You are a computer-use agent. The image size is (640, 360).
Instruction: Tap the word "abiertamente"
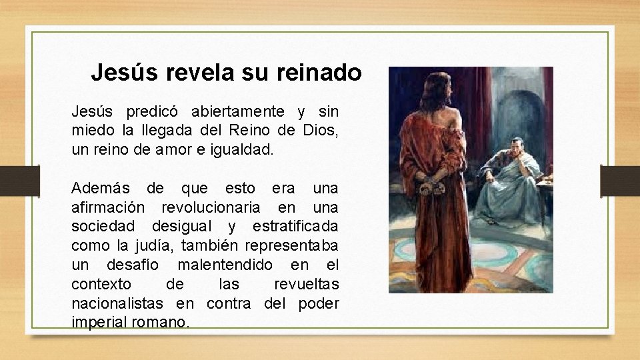[x=238, y=111]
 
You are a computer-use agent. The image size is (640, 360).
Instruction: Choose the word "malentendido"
[x=228, y=265]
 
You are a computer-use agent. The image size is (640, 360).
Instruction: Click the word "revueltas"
[x=306, y=284]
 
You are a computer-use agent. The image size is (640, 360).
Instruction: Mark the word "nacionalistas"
[x=117, y=303]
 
